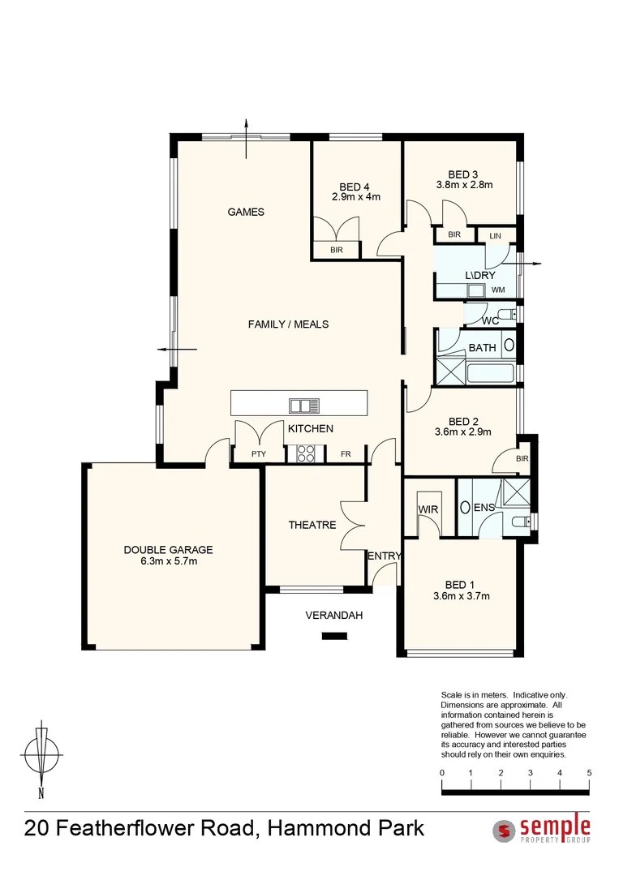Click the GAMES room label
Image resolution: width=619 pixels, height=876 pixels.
[246, 212]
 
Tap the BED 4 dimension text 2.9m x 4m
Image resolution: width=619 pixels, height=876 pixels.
[355, 197]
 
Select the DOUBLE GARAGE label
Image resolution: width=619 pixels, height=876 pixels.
[168, 550]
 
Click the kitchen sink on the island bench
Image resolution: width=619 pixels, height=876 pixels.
[305, 405]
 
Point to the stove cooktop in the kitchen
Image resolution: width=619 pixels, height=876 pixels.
[306, 454]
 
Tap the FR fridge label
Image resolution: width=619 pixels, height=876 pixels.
[346, 454]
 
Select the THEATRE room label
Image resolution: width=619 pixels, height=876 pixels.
[312, 525]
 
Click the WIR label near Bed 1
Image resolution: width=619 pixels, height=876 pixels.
[428, 509]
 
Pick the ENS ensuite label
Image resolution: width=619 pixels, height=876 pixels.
[484, 509]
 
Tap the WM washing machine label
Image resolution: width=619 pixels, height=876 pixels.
[498, 290]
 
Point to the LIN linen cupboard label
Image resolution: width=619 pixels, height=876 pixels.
[496, 235]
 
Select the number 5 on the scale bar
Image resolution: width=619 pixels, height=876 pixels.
[589, 773]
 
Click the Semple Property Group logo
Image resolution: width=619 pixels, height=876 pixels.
[542, 829]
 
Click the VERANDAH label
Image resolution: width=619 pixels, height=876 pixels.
[333, 616]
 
